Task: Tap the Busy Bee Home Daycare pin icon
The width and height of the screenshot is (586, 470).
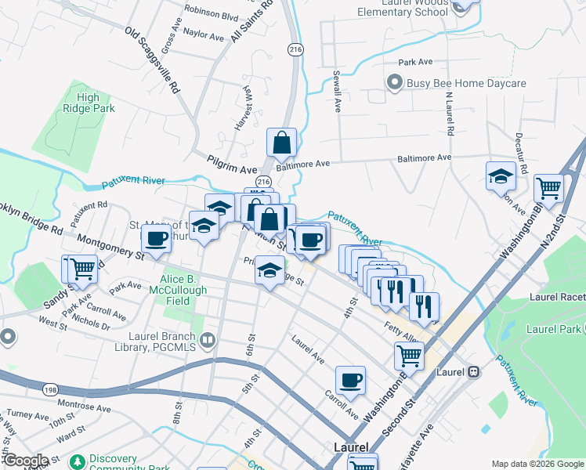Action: pyautogui.click(x=394, y=82)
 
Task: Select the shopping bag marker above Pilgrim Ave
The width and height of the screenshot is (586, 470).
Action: pyautogui.click(x=281, y=143)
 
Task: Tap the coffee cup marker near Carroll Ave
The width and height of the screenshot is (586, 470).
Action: pyautogui.click(x=350, y=381)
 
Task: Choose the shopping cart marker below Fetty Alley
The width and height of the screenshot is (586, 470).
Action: pyautogui.click(x=410, y=356)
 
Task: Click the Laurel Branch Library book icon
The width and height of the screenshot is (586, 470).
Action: pyautogui.click(x=208, y=340)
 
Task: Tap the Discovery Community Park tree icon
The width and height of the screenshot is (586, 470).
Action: pyautogui.click(x=76, y=460)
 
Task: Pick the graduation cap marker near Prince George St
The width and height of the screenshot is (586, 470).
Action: pyautogui.click(x=269, y=271)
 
